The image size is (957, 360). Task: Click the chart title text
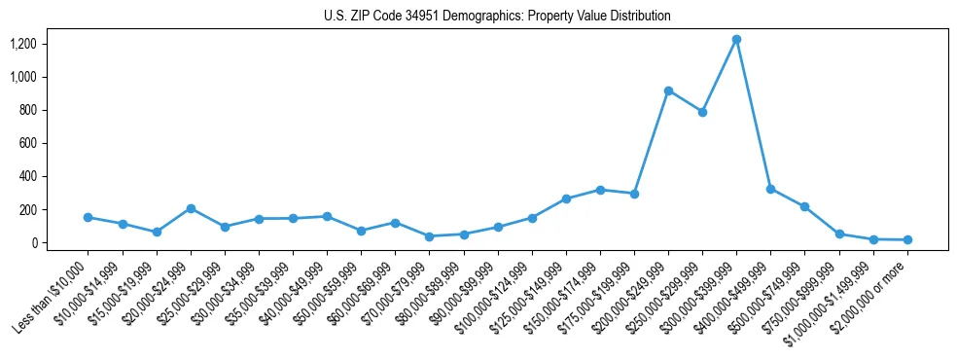tap(497, 17)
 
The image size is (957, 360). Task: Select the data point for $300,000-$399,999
tap(736, 40)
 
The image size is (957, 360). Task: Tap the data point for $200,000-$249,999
tap(668, 90)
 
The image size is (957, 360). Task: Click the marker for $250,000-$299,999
tap(702, 112)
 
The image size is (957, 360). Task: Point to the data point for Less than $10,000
tap(89, 217)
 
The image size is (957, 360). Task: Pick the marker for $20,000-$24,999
tap(191, 208)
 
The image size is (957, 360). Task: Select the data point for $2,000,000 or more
tap(907, 239)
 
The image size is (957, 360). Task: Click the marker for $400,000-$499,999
tap(770, 189)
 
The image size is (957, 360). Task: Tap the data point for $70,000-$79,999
tap(429, 236)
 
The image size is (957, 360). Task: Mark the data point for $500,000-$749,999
tap(804, 206)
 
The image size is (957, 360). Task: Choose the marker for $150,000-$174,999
tap(600, 190)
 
